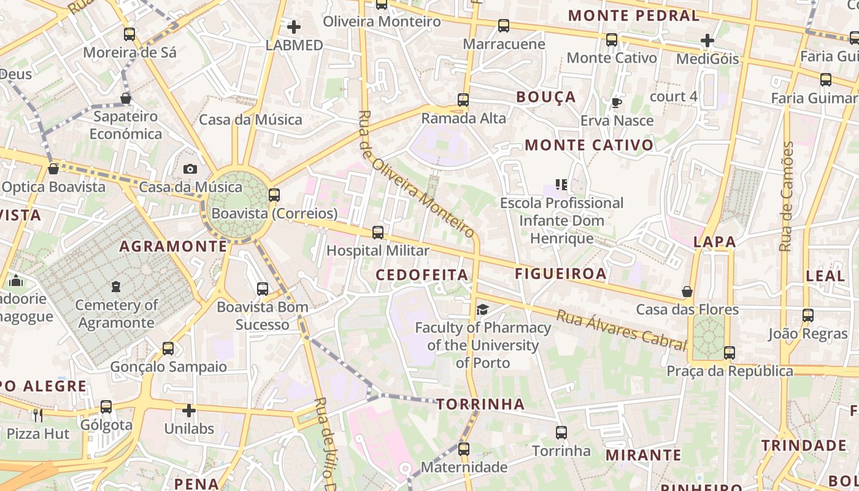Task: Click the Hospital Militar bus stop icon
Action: click(378, 233)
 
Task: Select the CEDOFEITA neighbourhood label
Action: click(422, 274)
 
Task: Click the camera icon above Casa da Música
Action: click(190, 169)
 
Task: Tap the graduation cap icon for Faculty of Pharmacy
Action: click(482, 309)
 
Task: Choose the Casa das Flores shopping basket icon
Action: click(687, 292)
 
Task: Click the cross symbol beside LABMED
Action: click(294, 27)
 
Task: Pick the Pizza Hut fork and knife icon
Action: click(38, 416)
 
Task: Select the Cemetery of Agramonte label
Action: click(117, 314)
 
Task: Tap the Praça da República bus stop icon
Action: click(729, 353)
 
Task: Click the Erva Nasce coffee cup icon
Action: click(617, 102)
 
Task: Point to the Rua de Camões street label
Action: click(786, 196)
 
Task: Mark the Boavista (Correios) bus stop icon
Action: click(274, 195)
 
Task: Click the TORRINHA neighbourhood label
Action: click(480, 404)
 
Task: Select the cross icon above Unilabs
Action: click(189, 410)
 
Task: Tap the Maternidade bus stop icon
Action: click(464, 449)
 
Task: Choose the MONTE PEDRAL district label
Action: click(634, 15)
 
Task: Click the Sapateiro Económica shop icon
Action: click(126, 98)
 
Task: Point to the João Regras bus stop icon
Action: click(808, 315)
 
